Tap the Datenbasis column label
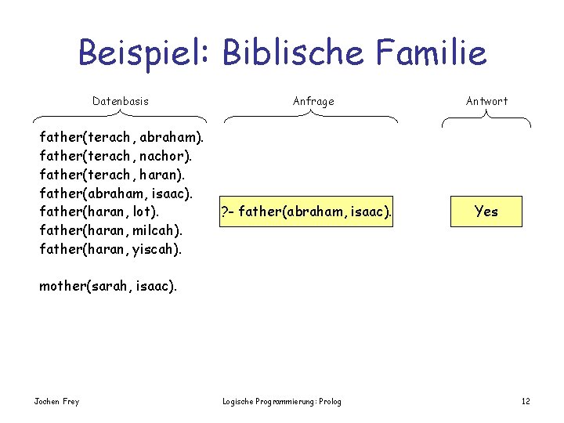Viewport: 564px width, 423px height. pyautogui.click(x=120, y=101)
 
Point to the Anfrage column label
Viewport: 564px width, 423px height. pyautogui.click(x=313, y=101)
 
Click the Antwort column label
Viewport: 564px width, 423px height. pyautogui.click(x=486, y=101)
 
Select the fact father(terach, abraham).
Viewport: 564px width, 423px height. pyautogui.click(x=121, y=137)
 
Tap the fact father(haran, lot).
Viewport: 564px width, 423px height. pyautogui.click(x=99, y=211)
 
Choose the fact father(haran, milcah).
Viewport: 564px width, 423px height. pyautogui.click(x=110, y=230)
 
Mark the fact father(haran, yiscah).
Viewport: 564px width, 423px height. pyautogui.click(x=110, y=249)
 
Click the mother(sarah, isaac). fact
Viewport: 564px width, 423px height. pyautogui.click(x=108, y=286)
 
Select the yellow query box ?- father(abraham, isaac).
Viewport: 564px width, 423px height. pyautogui.click(x=306, y=211)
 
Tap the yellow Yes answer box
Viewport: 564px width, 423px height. pyautogui.click(x=486, y=211)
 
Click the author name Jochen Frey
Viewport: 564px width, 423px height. pyautogui.click(x=56, y=402)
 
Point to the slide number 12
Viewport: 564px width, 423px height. pyautogui.click(x=526, y=402)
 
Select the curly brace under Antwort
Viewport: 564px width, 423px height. pyautogui.click(x=486, y=118)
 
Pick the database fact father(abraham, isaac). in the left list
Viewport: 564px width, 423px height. pyautogui.click(x=116, y=193)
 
